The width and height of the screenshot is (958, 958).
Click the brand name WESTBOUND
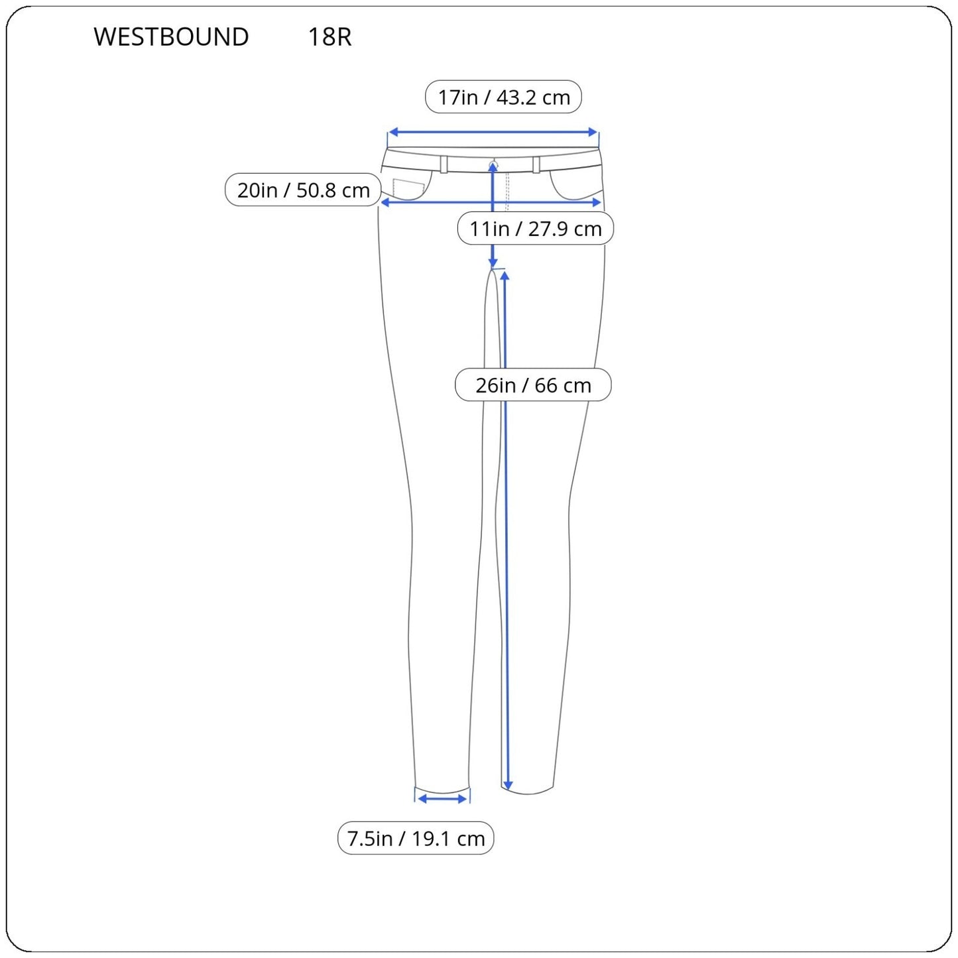coord(171,36)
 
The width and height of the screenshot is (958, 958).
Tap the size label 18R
coord(329,36)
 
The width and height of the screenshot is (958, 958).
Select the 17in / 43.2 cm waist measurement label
coord(503,97)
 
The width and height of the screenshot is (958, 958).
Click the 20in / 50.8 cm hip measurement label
coord(303,190)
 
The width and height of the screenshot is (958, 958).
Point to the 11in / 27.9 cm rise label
coord(536,228)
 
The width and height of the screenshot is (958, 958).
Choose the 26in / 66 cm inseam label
coord(533,385)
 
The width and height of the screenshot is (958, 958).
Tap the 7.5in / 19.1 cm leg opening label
coord(416,838)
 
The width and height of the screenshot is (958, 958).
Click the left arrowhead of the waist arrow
coord(393,132)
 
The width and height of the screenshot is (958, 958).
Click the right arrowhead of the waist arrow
coord(593,132)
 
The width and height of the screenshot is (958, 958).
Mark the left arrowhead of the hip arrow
coord(385,202)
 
